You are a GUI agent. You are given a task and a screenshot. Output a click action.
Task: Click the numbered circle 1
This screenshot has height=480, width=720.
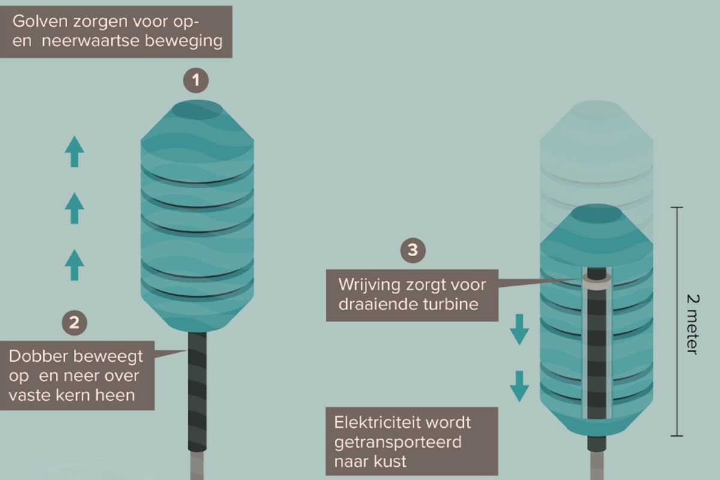196,80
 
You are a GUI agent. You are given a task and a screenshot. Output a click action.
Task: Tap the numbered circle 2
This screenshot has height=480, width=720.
74,323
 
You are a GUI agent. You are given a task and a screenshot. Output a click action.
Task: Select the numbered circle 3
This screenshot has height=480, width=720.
413,250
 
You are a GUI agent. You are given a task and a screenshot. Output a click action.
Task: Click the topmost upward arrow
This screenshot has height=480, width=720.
74,151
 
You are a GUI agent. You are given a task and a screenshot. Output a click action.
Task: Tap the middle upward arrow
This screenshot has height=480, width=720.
74,208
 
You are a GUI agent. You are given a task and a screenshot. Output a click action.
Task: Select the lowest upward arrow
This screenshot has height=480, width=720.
74,265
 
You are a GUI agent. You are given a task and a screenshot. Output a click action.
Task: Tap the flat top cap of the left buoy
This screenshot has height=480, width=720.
196,110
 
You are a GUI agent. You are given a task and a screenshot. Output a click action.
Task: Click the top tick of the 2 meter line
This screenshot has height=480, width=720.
677,207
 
